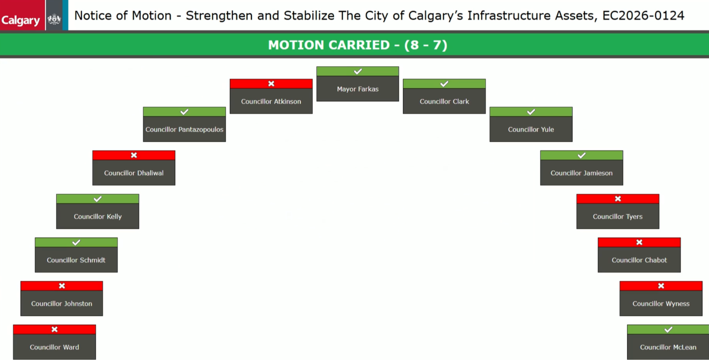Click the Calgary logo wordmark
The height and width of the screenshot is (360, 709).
pyautogui.click(x=20, y=20)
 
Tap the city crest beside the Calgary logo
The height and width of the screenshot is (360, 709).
pyautogui.click(x=54, y=19)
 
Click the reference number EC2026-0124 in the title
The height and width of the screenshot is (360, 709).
pyautogui.click(x=643, y=16)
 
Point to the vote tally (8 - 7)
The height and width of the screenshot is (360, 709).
pyautogui.click(x=426, y=45)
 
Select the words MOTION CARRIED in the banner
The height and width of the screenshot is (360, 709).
pyautogui.click(x=329, y=45)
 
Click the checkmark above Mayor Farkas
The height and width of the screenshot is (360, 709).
pyautogui.click(x=358, y=71)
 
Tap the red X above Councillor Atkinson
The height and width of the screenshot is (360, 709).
pyautogui.click(x=271, y=84)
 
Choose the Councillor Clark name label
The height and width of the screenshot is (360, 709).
pyautogui.click(x=444, y=102)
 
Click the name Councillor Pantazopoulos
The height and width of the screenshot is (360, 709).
pyautogui.click(x=185, y=129)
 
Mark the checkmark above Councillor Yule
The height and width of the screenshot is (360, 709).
pyautogui.click(x=531, y=112)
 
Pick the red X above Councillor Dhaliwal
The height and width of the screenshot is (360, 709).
pyautogui.click(x=134, y=155)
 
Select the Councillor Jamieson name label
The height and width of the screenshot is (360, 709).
pyautogui.click(x=581, y=173)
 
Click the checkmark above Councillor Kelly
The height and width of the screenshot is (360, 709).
pyautogui.click(x=98, y=199)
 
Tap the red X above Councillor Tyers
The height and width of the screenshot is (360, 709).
pyautogui.click(x=618, y=199)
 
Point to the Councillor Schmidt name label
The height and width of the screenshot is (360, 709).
pyautogui.click(x=76, y=260)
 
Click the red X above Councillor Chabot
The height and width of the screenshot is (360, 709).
pyautogui.click(x=640, y=242)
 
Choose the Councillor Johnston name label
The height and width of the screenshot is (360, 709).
pyautogui.click(x=62, y=304)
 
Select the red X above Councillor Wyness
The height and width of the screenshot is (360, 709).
pyautogui.click(x=661, y=286)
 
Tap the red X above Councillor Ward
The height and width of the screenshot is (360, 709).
pyautogui.click(x=54, y=329)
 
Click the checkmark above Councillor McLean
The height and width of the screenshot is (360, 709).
pyautogui.click(x=668, y=330)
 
